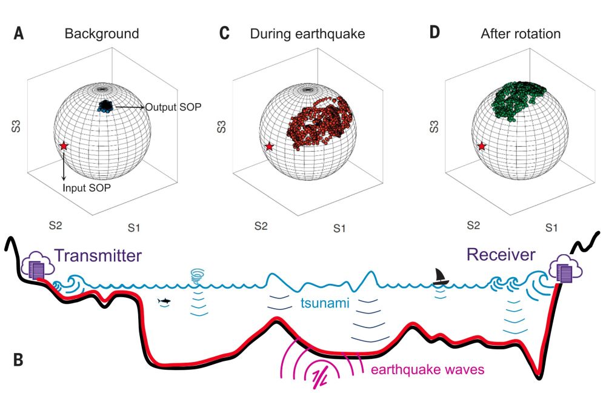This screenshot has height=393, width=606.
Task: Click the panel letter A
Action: point(19,33)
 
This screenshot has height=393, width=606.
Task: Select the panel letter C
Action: point(224,33)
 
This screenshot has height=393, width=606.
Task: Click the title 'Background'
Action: point(102,33)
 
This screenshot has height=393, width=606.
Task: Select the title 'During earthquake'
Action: point(307,33)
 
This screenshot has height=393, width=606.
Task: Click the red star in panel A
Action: point(64,146)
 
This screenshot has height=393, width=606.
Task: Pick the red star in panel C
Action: point(270,146)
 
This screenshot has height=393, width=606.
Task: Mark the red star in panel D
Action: point(482,146)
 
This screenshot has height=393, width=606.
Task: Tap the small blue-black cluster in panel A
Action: point(106,106)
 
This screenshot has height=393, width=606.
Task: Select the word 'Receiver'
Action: point(501,255)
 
